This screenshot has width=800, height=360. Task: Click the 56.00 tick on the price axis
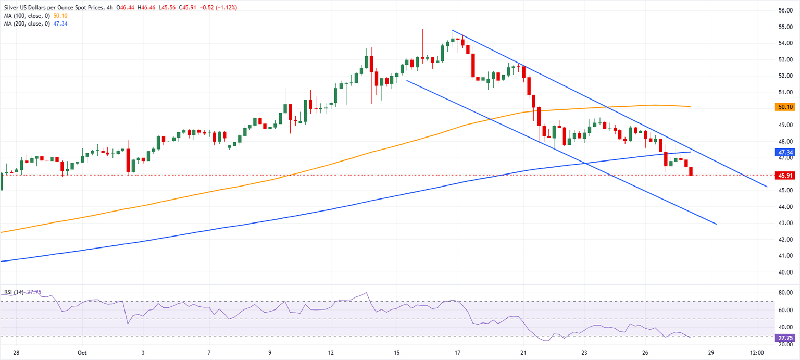[x=785, y=10]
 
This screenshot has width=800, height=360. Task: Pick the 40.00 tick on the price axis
[x=785, y=272]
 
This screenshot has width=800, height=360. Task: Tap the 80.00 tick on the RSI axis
[x=785, y=293]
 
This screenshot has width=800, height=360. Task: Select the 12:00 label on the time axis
[x=757, y=352]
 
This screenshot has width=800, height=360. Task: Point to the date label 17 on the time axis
[x=458, y=352]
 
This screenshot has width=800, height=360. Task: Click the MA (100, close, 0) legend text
[x=26, y=16]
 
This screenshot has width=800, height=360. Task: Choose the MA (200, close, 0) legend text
[x=26, y=23]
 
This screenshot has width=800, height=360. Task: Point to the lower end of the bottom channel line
[x=716, y=224]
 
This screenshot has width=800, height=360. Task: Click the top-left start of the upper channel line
[x=453, y=31]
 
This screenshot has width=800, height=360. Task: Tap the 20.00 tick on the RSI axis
[x=785, y=344]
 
